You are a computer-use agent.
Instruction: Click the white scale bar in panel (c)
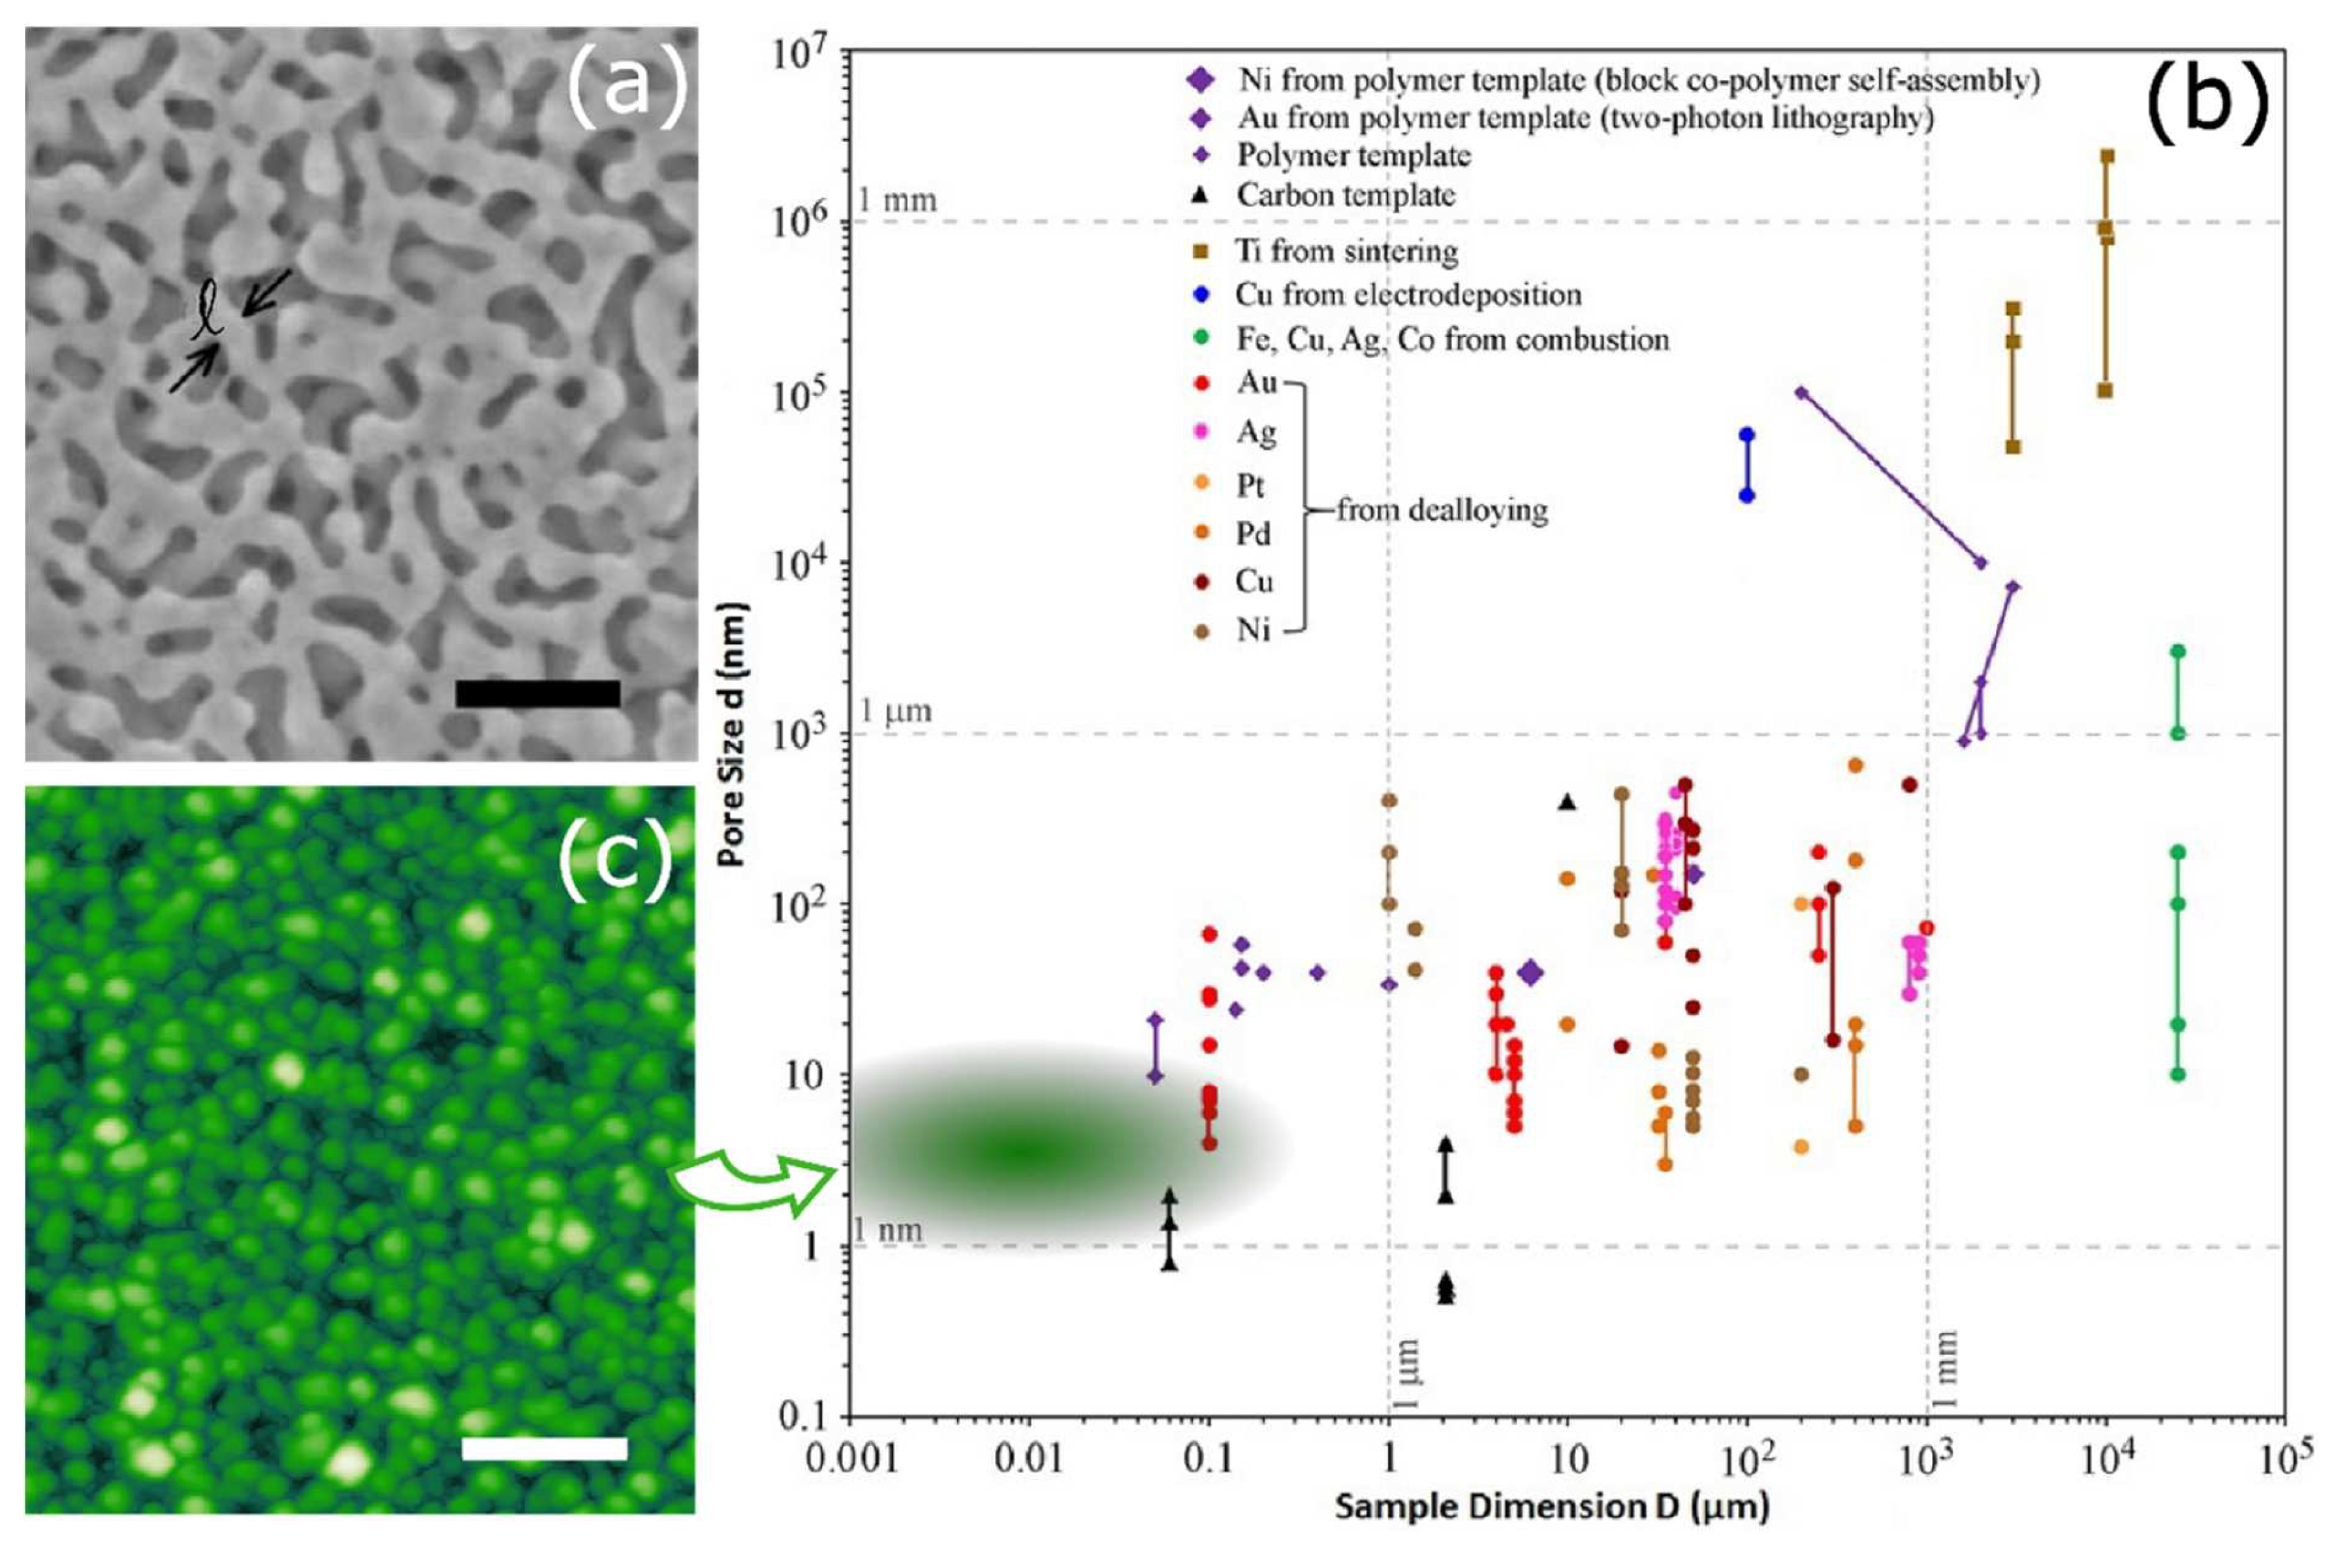tap(545, 1448)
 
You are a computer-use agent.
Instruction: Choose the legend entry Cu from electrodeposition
tap(1408, 295)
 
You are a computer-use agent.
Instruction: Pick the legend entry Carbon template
tap(1346, 195)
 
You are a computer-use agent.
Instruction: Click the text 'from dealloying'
tap(1442, 510)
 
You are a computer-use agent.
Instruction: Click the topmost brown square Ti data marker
tap(2106, 156)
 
